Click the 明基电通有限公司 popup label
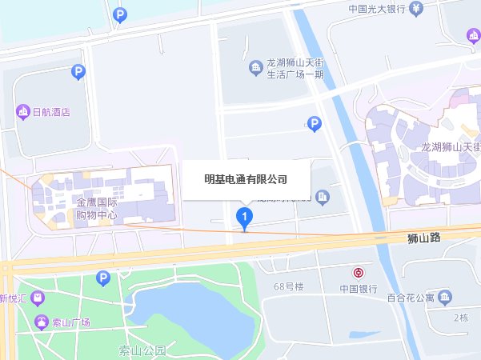246,180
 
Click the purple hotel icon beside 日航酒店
24,112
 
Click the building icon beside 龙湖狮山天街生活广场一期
255,66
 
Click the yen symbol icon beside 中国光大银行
416,10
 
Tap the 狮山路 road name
423,237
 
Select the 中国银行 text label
358,289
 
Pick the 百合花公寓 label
409,298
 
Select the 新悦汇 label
14,298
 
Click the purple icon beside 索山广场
42,322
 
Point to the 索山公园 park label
141,350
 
